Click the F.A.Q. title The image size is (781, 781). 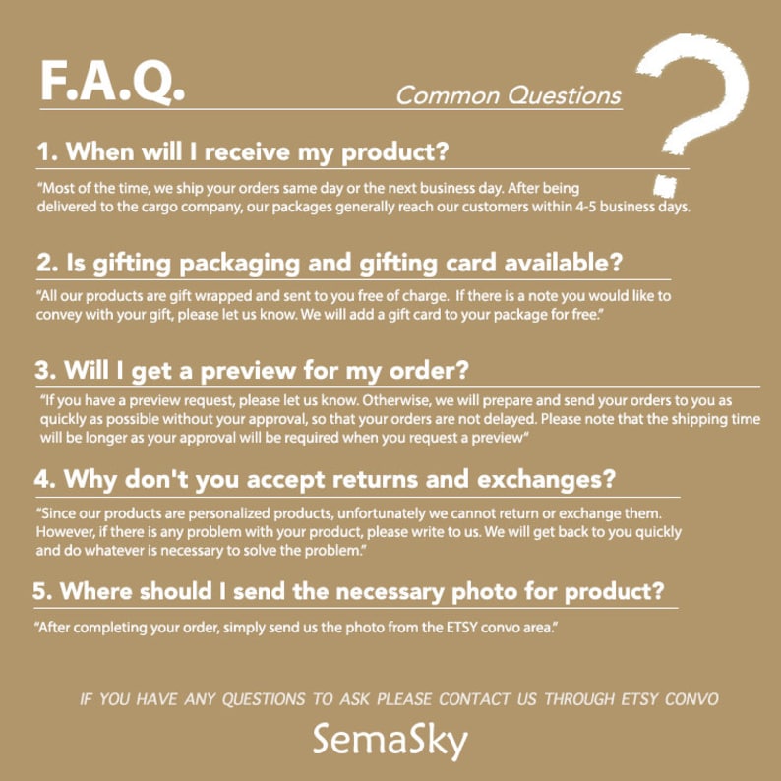pyautogui.click(x=112, y=82)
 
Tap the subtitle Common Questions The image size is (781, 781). pyautogui.click(x=509, y=95)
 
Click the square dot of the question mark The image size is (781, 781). pyautogui.click(x=665, y=186)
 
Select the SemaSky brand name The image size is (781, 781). pyautogui.click(x=390, y=740)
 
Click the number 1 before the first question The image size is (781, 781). pyautogui.click(x=45, y=151)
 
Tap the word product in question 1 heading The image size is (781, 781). pyautogui.click(x=394, y=152)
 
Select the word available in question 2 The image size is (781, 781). pyautogui.click(x=564, y=262)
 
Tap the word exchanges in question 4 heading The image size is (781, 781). pyautogui.click(x=546, y=479)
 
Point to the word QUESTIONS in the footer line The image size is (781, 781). pyautogui.click(x=264, y=699)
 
